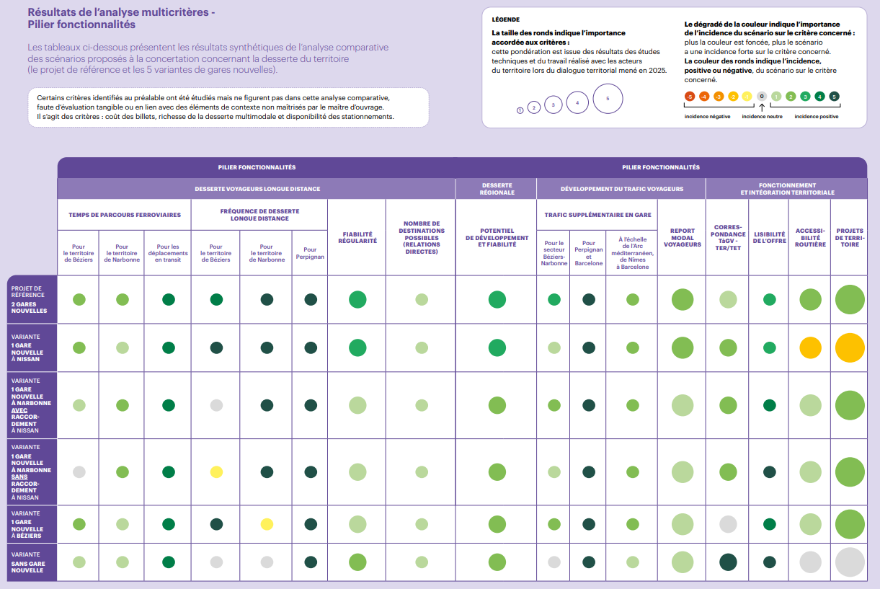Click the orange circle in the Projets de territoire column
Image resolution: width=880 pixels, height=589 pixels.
(850, 348)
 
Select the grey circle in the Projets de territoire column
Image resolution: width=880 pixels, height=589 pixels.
(850, 562)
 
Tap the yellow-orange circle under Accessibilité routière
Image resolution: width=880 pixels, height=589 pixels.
(810, 348)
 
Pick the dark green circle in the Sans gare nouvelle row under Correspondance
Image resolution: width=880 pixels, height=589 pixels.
(728, 562)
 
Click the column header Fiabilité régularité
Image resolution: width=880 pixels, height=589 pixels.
(357, 237)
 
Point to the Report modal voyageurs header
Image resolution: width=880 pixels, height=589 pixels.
(682, 237)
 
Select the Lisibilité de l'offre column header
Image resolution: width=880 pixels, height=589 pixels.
(769, 237)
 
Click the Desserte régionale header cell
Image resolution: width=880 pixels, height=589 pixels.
(497, 189)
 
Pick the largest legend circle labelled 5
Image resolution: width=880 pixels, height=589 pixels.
(608, 99)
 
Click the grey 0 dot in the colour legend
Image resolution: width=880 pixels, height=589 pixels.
(762, 97)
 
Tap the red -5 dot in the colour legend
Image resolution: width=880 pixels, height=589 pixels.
(690, 97)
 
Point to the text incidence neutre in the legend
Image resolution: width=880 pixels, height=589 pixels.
(762, 116)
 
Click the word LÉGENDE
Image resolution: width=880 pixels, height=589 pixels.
(505, 19)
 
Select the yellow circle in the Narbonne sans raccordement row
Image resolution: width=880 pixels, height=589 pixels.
(216, 472)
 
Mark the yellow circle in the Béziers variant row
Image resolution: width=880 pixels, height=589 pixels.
(267, 524)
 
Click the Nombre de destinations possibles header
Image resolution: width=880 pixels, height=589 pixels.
(421, 237)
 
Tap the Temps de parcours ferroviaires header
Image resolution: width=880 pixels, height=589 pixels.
(125, 214)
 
